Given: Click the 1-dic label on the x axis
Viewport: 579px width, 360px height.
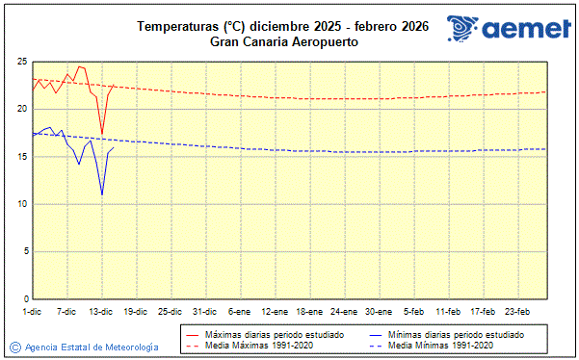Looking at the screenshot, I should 32,312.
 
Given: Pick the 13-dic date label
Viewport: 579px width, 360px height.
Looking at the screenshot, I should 101,312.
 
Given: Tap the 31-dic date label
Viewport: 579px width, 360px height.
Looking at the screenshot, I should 205,312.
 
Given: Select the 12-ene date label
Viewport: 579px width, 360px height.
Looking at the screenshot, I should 275,312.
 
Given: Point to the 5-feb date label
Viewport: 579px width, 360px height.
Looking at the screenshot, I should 413,312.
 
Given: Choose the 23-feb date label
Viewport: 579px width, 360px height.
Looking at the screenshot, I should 517,312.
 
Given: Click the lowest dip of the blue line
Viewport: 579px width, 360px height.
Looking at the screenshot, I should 102,194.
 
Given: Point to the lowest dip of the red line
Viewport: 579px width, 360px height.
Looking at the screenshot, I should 102,134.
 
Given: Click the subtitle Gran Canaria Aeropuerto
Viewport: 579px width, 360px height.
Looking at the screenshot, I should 280,41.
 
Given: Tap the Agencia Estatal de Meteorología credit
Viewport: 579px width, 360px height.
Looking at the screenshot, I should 84,347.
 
